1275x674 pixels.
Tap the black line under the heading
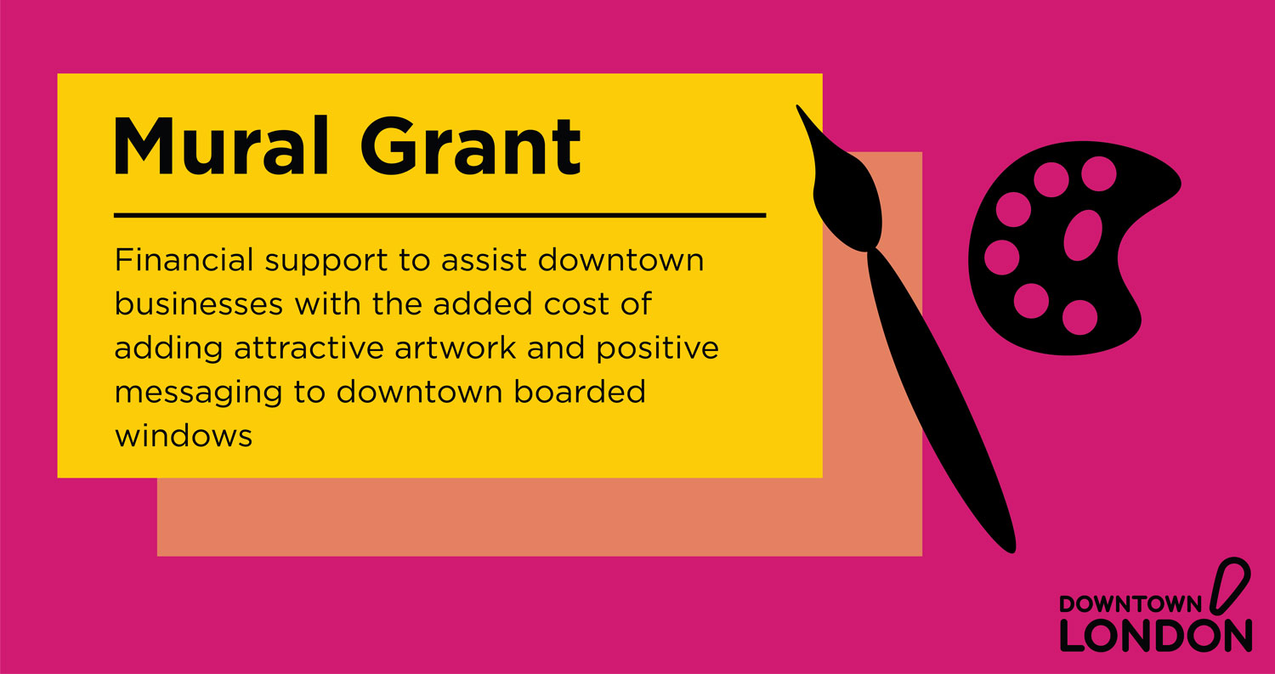439,216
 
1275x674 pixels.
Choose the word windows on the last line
184,436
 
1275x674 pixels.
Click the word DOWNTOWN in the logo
1130,603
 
